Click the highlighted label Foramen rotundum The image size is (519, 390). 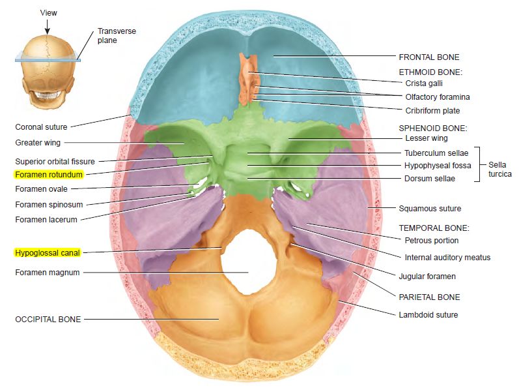pyautogui.click(x=49, y=175)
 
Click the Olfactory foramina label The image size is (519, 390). pyautogui.click(x=438, y=97)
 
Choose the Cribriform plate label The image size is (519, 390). pyautogui.click(x=432, y=111)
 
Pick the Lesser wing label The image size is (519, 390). pyautogui.click(x=426, y=138)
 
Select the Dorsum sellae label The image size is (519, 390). pyautogui.click(x=430, y=179)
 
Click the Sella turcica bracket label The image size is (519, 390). pyautogui.click(x=499, y=170)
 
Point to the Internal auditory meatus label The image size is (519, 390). pyautogui.click(x=447, y=258)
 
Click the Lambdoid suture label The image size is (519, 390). pyautogui.click(x=428, y=315)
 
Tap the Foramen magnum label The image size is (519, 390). pyautogui.click(x=47, y=272)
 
